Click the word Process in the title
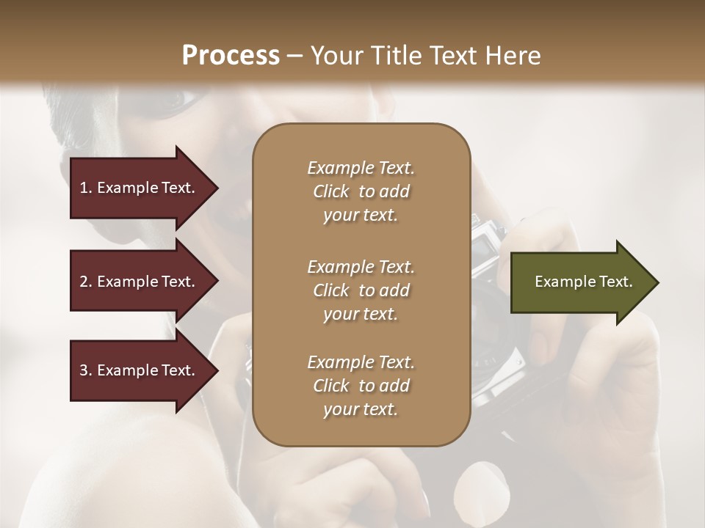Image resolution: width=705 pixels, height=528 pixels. pyautogui.click(x=231, y=56)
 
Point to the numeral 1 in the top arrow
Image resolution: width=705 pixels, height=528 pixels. pyautogui.click(x=84, y=188)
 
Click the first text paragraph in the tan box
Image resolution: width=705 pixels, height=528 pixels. pyautogui.click(x=361, y=191)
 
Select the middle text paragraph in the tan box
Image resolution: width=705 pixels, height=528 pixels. pyautogui.click(x=361, y=290)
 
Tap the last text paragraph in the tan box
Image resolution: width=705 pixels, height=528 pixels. pyautogui.click(x=361, y=386)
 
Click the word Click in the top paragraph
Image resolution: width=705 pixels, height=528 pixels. pyautogui.click(x=331, y=191)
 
